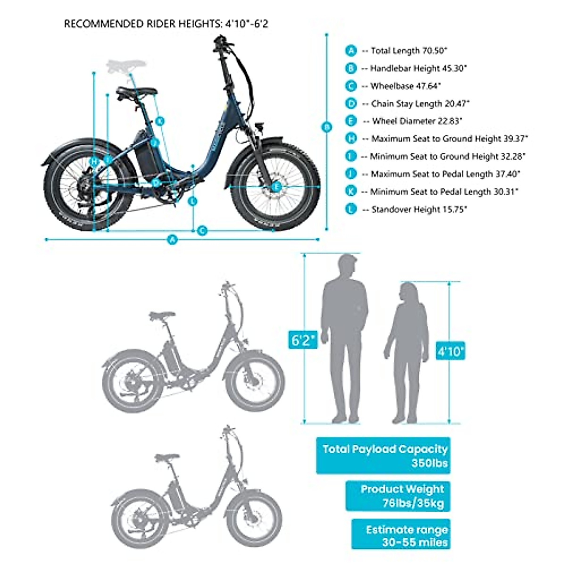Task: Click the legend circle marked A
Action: click(351, 50)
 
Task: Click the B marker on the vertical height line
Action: click(326, 127)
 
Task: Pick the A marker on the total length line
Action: click(173, 240)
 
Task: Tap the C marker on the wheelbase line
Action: click(202, 231)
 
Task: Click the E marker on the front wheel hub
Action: click(276, 186)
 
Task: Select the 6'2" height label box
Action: click(303, 340)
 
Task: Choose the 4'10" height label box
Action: click(450, 351)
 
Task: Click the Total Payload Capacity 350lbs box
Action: click(383, 456)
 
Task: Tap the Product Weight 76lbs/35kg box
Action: click(398, 496)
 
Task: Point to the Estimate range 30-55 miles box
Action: click(400, 534)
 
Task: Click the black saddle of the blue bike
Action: click(137, 92)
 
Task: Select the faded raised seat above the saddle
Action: click(127, 65)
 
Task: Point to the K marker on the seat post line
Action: click(160, 121)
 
